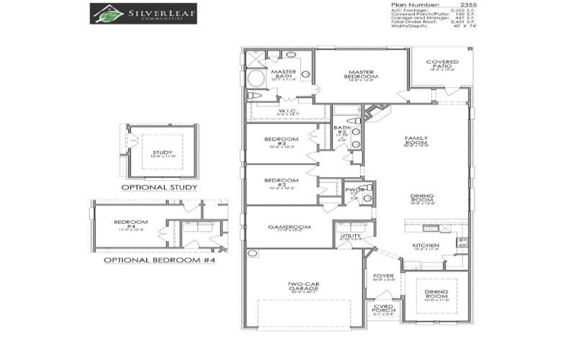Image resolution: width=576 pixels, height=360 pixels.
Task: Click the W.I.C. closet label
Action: pos(288,111)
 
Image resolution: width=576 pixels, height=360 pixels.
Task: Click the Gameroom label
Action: pos(289,227)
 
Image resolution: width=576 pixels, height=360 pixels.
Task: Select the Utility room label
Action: pos(351,235)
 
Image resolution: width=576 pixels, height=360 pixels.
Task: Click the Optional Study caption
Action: pos(159,187)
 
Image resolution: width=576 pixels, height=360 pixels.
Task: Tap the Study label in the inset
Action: pos(163,153)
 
